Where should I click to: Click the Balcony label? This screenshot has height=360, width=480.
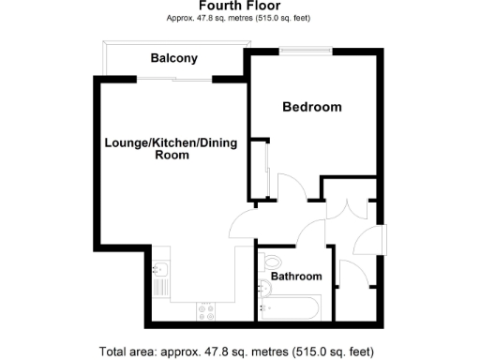coord(174,58)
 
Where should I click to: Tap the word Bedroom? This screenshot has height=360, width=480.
coord(312,107)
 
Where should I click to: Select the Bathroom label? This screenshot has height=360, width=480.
coord(296,277)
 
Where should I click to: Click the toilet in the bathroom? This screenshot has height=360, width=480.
coord(273,262)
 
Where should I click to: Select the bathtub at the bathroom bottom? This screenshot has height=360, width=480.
coord(291,306)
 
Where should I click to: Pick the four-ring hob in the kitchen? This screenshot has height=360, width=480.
coord(206,309)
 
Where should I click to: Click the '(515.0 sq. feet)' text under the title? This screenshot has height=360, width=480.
coord(283,18)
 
